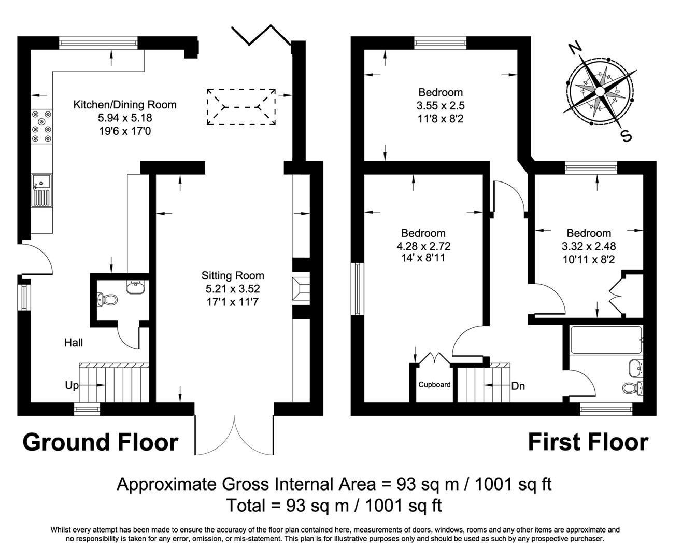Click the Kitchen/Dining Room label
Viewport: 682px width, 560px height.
pyautogui.click(x=124, y=105)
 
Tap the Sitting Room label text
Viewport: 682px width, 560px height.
pyautogui.click(x=233, y=275)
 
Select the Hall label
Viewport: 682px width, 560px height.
pyautogui.click(x=74, y=342)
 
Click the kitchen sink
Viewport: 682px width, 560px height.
pyautogui.click(x=41, y=190)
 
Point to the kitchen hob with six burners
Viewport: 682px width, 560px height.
pyautogui.click(x=41, y=126)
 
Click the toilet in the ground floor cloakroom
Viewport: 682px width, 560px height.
pyautogui.click(x=107, y=300)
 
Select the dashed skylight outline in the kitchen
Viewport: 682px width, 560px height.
pyautogui.click(x=241, y=106)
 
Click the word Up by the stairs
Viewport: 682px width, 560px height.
pyautogui.click(x=72, y=385)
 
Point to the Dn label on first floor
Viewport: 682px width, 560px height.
pyautogui.click(x=518, y=386)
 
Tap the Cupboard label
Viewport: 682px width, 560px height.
pyautogui.click(x=434, y=385)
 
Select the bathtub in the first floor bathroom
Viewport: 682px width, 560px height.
pyautogui.click(x=605, y=340)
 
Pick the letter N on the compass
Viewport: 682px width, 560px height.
pyautogui.click(x=574, y=48)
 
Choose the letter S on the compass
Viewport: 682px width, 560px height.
pyautogui.click(x=626, y=136)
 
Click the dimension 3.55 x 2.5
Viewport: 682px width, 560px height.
pyautogui.click(x=441, y=106)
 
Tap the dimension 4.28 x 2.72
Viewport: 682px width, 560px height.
pyautogui.click(x=423, y=246)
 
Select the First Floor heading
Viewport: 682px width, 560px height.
pyautogui.click(x=588, y=442)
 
